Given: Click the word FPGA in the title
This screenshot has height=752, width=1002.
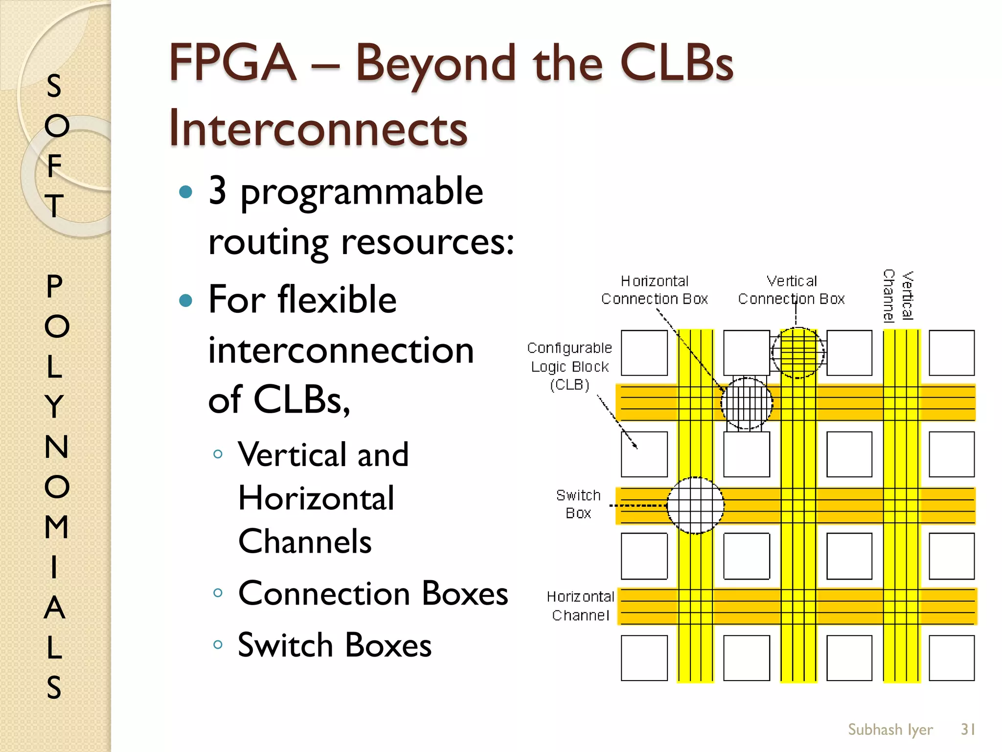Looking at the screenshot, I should tap(233, 64).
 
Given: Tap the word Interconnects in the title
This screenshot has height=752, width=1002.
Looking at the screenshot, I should tap(319, 129).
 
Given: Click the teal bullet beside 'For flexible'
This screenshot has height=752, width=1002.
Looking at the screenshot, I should tap(186, 300).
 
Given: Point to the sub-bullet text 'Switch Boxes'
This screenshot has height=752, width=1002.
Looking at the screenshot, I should tap(335, 645).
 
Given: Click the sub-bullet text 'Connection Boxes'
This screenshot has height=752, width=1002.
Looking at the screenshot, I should tap(373, 593).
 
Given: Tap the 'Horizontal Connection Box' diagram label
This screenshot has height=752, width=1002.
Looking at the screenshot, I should tap(654, 290).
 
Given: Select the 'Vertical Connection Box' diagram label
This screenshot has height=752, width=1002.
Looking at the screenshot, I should tap(791, 290).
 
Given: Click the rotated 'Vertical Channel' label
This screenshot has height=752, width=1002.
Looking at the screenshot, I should tap(898, 296).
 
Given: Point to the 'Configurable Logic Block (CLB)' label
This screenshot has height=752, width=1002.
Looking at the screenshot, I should tap(569, 366).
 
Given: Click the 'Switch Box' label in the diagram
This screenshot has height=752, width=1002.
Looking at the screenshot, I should tap(578, 504).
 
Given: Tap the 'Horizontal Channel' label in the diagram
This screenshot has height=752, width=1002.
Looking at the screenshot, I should tap(580, 606).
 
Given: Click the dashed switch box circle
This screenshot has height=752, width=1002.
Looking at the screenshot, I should tap(695, 505).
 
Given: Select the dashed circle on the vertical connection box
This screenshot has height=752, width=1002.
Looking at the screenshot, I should tap(798, 353).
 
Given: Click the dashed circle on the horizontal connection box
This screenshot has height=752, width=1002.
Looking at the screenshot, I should tap(747, 403).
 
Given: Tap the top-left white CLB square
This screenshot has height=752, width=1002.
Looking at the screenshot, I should tap(644, 353).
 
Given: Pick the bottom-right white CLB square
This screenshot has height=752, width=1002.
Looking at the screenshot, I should tap(952, 658).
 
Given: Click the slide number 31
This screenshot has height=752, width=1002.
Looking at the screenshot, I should tap(968, 729).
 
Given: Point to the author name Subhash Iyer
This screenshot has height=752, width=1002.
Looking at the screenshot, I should tap(890, 729).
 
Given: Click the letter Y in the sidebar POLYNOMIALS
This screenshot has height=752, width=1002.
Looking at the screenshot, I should tap(55, 406).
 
